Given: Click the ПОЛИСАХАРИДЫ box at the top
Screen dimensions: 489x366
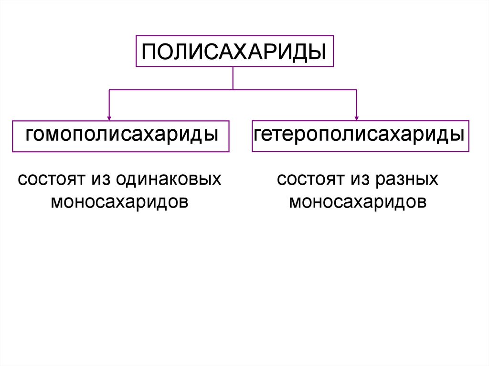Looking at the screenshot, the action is click(234, 52).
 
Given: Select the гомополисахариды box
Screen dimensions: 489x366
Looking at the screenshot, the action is click(120, 136).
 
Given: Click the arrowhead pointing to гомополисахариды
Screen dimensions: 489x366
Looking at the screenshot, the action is click(109, 116).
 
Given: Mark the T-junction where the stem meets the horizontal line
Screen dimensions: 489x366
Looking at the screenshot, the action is click(233, 89).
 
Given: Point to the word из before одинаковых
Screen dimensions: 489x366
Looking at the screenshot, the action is click(99, 179).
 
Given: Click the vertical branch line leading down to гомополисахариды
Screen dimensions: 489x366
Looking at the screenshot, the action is click(109, 103).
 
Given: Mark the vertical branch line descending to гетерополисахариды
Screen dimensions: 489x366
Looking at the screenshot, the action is click(357, 103).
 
